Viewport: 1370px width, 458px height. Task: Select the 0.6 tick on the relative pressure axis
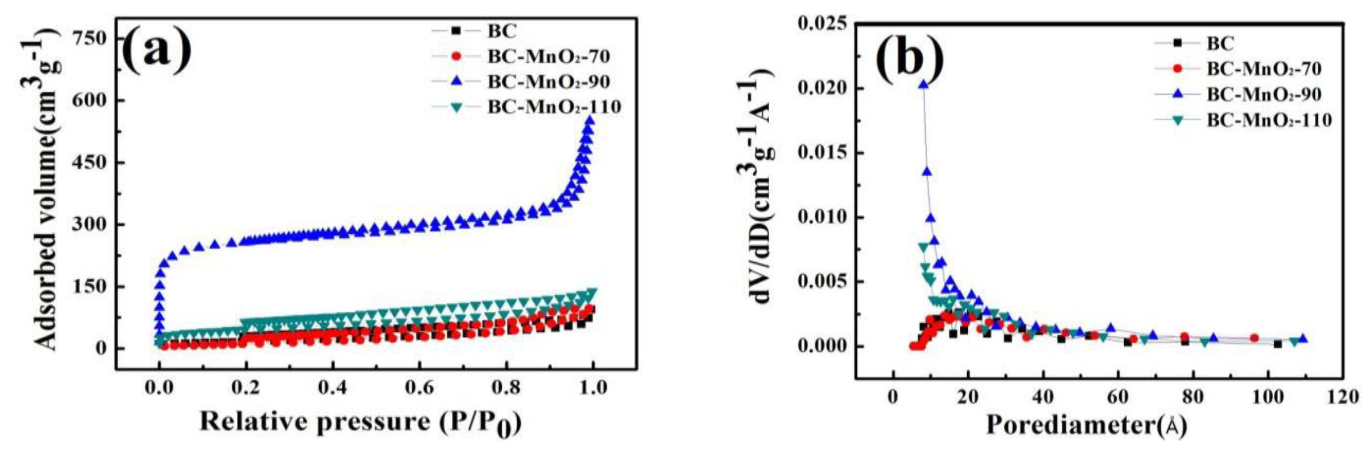(x=419, y=387)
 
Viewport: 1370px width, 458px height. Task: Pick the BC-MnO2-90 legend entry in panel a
(x=548, y=81)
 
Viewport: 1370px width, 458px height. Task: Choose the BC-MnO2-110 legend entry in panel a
(x=553, y=107)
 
